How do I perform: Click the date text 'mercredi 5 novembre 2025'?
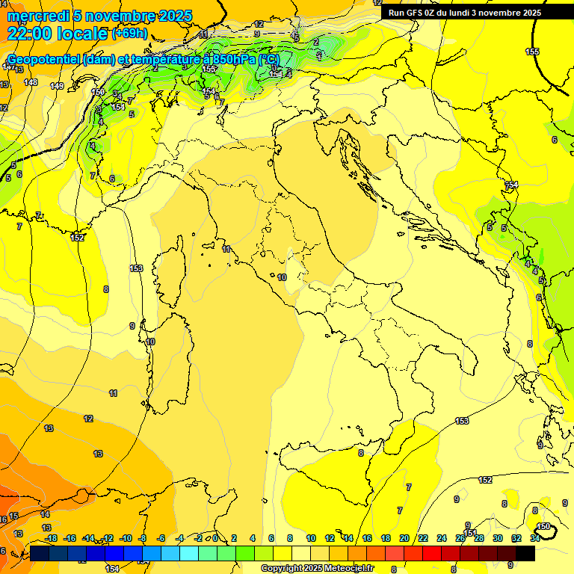(99, 16)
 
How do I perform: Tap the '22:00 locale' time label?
(58, 34)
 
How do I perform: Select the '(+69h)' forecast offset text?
(129, 34)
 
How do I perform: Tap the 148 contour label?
(31, 82)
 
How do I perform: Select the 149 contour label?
(57, 86)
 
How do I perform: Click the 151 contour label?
(470, 533)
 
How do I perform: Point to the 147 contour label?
(7, 67)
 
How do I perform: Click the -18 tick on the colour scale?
(51, 538)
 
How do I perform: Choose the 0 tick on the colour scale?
(215, 538)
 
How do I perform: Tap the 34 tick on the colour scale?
(535, 538)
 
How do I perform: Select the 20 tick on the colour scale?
(404, 538)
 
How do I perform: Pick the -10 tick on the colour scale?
(126, 538)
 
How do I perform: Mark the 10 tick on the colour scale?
(309, 538)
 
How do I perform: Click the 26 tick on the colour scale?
(460, 538)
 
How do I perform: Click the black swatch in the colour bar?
(525, 553)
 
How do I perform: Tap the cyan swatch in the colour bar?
(189, 553)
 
